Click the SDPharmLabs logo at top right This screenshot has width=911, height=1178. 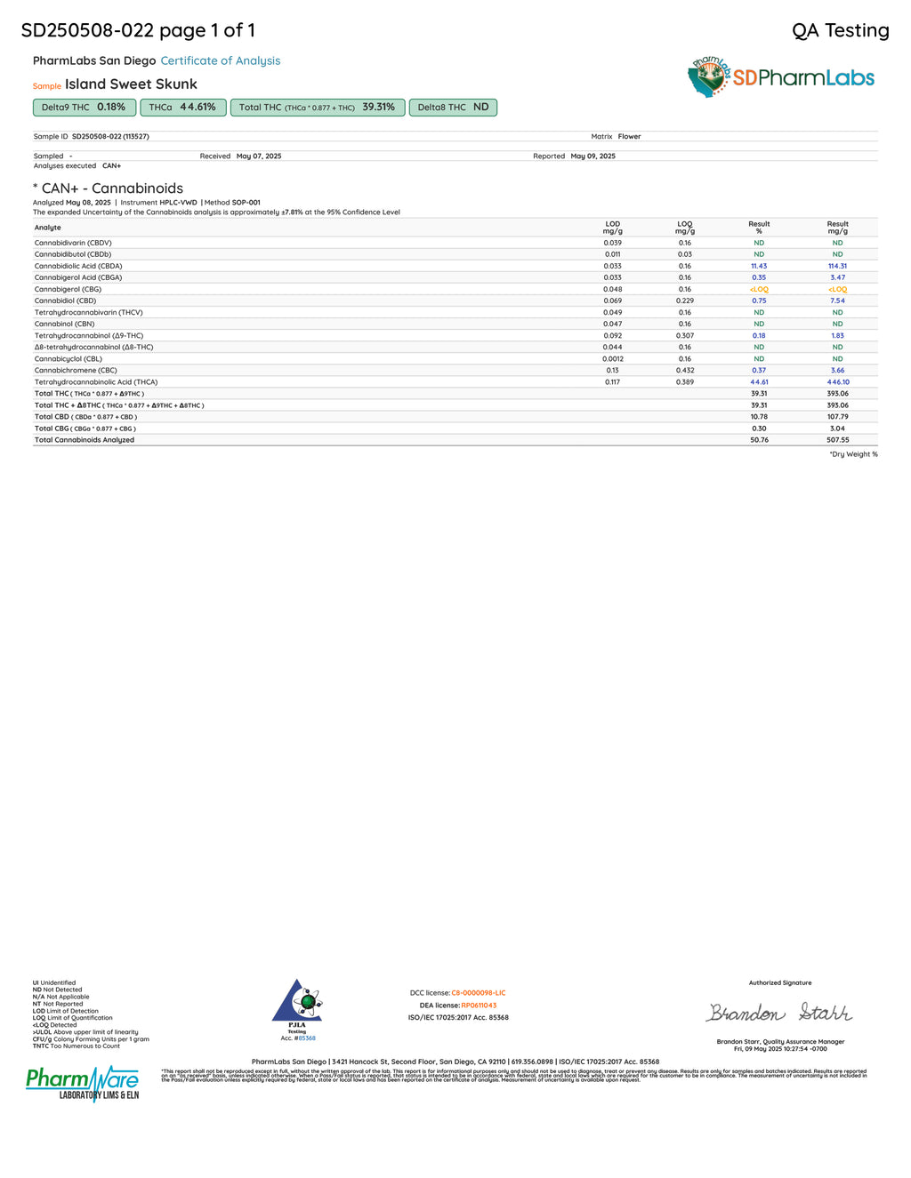pos(781,77)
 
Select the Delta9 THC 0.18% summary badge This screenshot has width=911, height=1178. pos(84,108)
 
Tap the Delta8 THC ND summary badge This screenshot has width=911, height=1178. pos(453,108)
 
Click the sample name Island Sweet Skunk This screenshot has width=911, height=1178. pos(131,84)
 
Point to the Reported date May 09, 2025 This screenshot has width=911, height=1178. pos(593,156)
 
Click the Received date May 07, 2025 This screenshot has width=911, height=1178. pos(259,156)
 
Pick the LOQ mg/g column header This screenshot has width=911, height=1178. pos(684,228)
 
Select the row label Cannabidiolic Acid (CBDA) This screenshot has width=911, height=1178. pos(78,266)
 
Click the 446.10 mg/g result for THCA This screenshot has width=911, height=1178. pos(838,382)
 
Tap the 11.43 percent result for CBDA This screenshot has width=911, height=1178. pos(759,266)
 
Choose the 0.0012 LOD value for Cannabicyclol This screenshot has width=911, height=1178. pos(612,359)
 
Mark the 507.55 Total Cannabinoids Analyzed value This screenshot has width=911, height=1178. pos(838,440)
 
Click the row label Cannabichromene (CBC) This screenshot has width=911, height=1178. pos(76,371)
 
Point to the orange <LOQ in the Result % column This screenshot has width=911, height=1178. pos(759,289)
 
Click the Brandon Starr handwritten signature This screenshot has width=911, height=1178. pos(779,1013)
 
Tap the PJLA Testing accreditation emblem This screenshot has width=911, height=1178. pos(297,1004)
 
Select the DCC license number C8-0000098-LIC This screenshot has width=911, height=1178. pos(478,993)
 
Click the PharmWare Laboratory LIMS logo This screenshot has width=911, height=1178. pos(83,1083)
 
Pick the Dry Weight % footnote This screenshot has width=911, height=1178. pos(853,454)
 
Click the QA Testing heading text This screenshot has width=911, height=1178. pos(840,31)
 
